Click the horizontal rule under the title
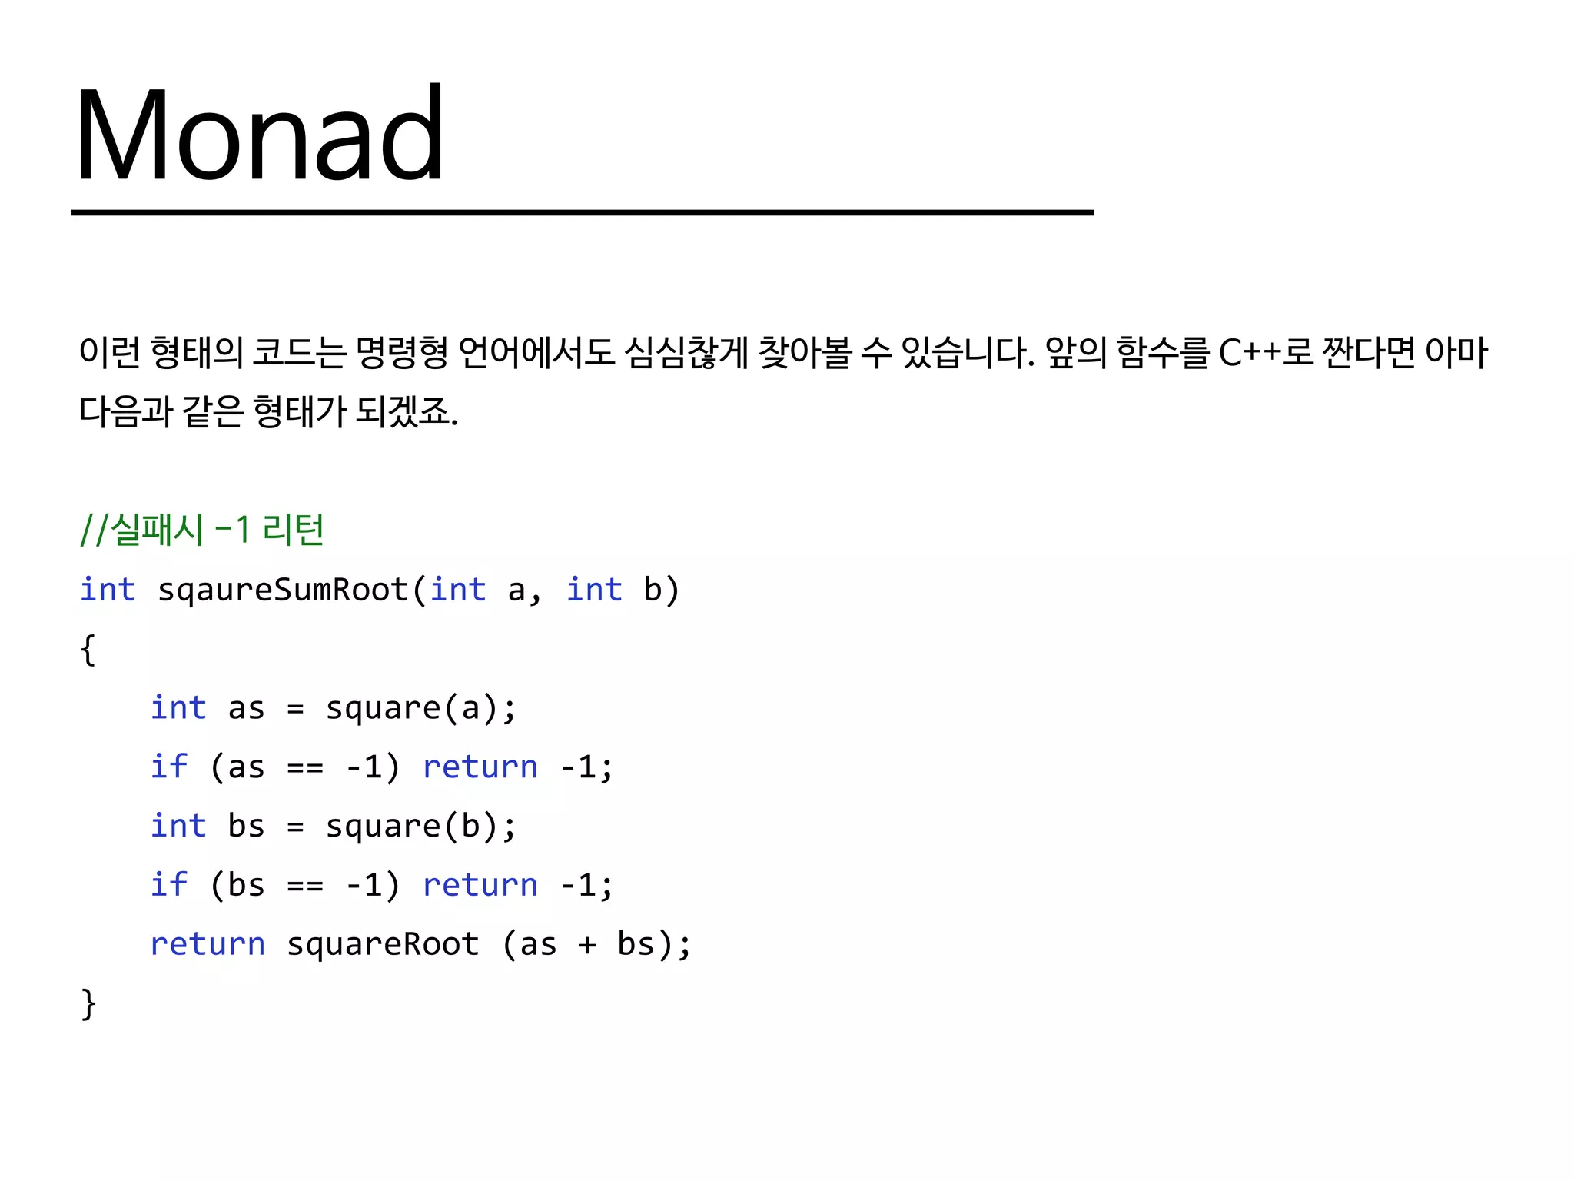pos(582,212)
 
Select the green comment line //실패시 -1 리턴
pos(202,530)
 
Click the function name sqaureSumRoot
pos(283,590)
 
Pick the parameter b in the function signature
pos(653,590)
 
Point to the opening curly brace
pos(88,650)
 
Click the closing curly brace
pos(88,1003)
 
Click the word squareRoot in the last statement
pos(383,944)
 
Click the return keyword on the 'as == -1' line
pos(480,767)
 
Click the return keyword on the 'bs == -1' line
pos(480,886)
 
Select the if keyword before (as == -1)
pos(169,767)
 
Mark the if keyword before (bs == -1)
pos(169,885)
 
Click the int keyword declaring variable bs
pos(178,826)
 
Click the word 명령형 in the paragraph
pos(401,353)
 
